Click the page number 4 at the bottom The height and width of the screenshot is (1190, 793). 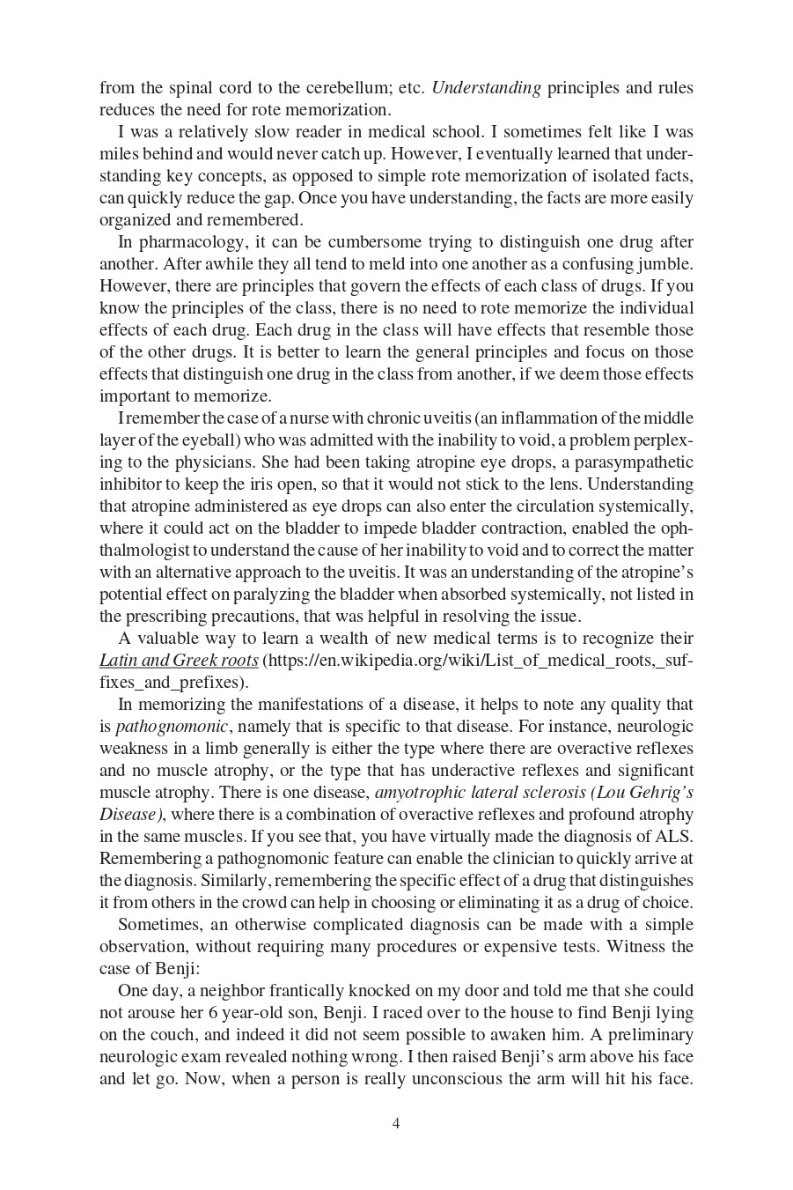click(x=396, y=1123)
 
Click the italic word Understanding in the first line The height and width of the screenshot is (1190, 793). click(x=486, y=88)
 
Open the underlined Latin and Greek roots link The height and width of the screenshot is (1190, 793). click(x=179, y=661)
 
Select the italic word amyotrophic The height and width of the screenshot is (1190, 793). click(x=419, y=793)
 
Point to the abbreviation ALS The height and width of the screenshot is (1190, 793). click(x=673, y=837)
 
